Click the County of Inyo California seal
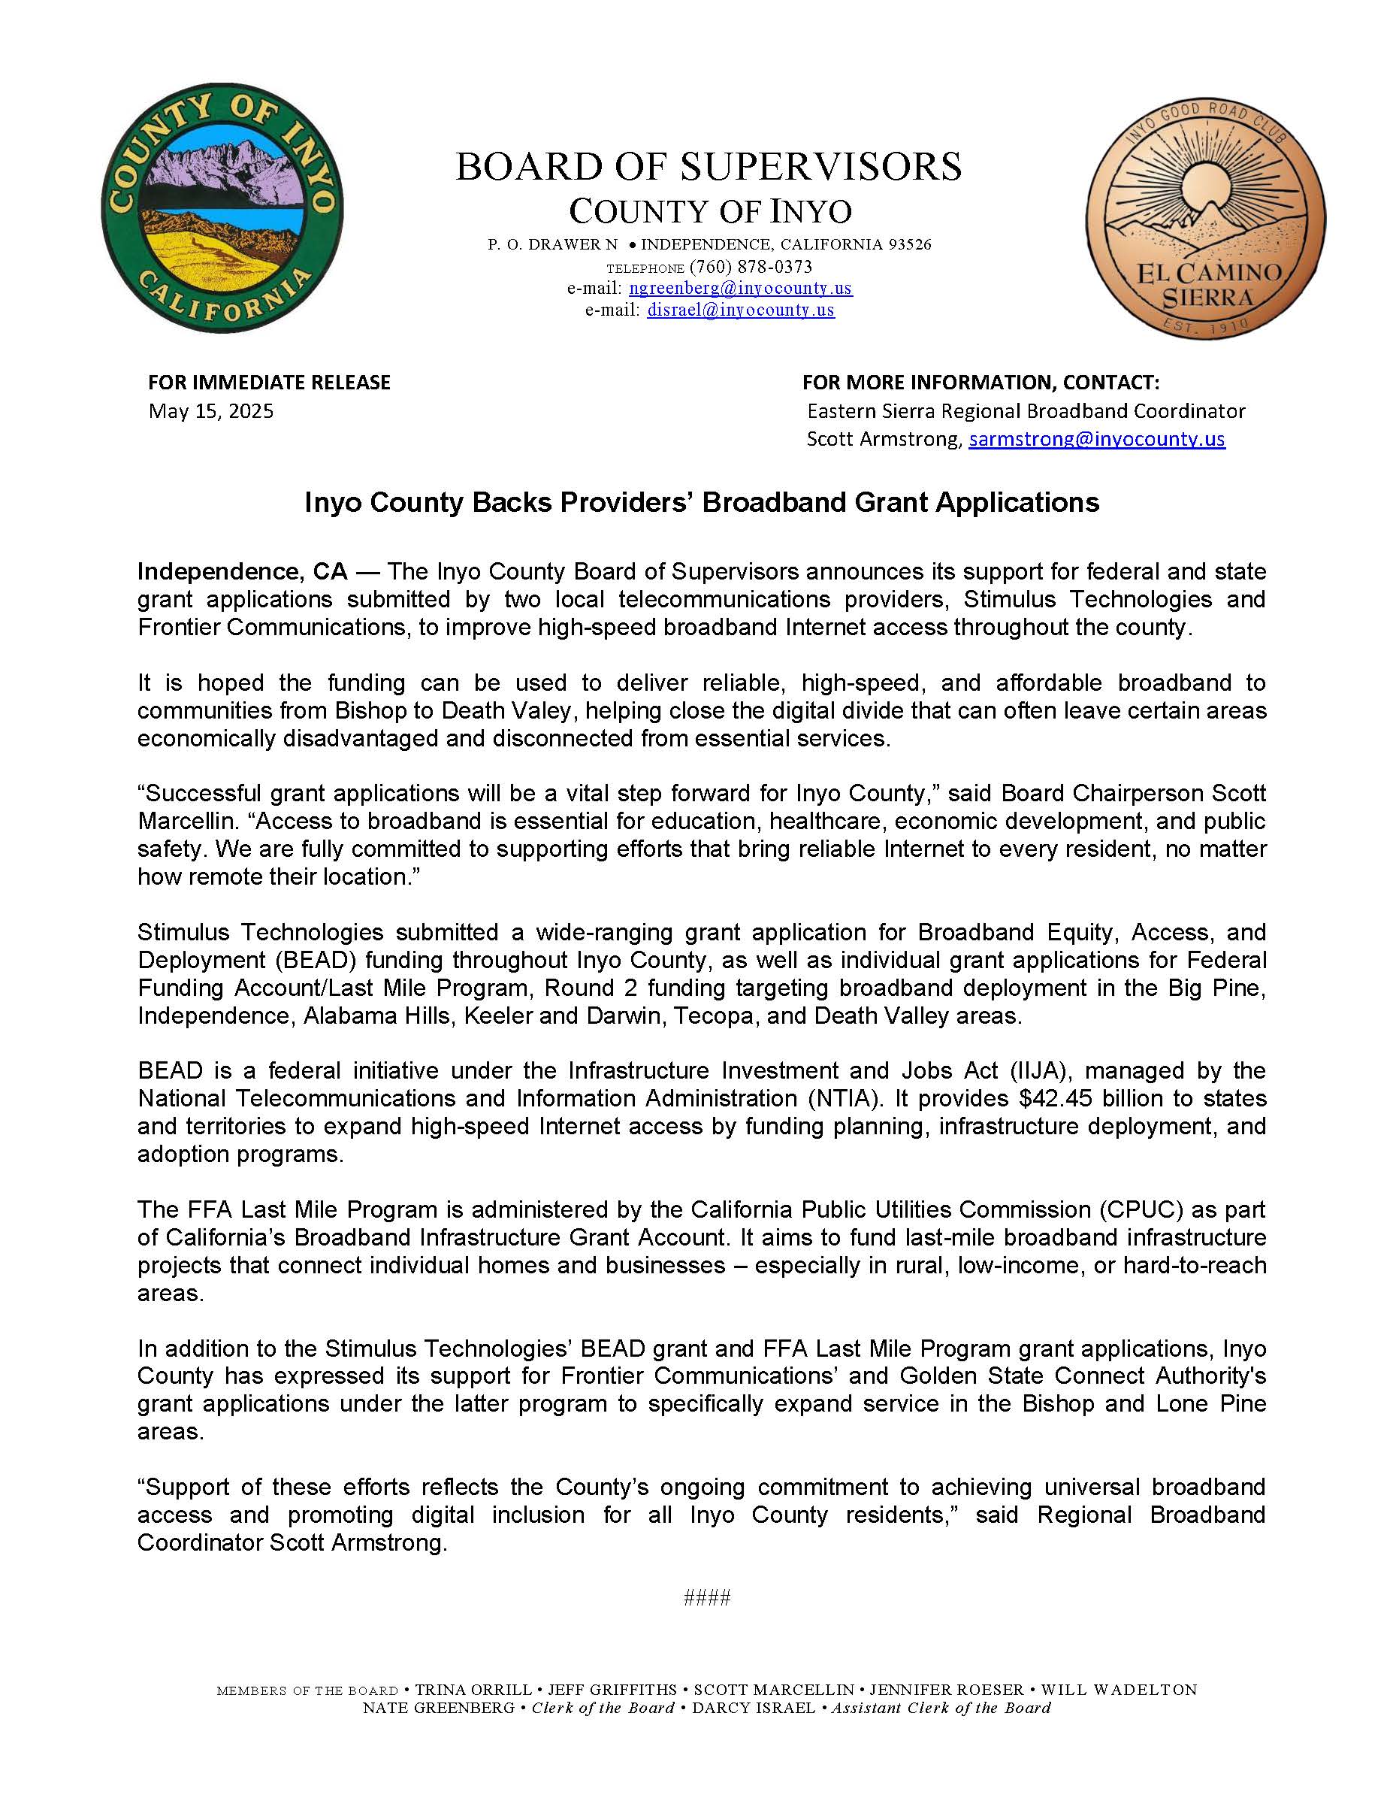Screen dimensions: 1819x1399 pyautogui.click(x=222, y=207)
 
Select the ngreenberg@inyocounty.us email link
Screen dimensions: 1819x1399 pyautogui.click(x=740, y=288)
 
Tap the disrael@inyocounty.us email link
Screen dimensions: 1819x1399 pyautogui.click(x=740, y=310)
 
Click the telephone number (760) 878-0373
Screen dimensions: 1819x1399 pyautogui.click(x=751, y=267)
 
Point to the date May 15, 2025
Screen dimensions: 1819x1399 pyautogui.click(x=210, y=410)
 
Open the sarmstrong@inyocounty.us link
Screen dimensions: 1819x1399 pyautogui.click(x=1096, y=439)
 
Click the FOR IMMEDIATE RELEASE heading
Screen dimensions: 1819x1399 pyautogui.click(x=269, y=383)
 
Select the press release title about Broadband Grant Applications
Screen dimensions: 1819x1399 pyautogui.click(x=701, y=502)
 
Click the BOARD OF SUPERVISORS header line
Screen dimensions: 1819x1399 pyautogui.click(x=708, y=167)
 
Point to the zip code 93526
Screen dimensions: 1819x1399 pyautogui.click(x=909, y=245)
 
